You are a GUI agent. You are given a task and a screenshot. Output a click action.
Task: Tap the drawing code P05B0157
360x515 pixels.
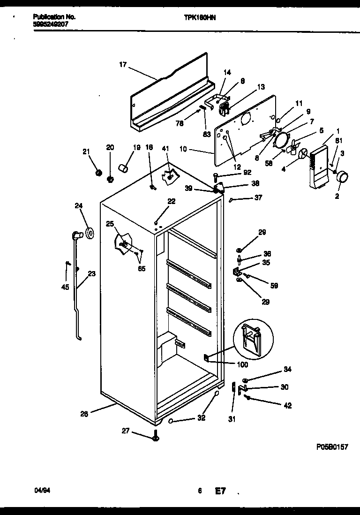coord(332,447)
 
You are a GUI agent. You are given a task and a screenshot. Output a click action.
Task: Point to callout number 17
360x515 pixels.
coord(122,65)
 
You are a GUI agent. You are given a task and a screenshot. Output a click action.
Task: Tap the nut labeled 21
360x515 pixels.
coord(98,174)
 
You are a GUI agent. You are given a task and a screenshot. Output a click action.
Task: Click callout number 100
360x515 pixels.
coord(242,364)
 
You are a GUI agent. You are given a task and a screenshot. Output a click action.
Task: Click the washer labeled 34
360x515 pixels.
coord(245,379)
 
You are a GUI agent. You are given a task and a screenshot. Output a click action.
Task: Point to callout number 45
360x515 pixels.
coord(65,287)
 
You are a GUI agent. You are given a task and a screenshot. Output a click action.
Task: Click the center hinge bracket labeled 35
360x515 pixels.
coord(237,271)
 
